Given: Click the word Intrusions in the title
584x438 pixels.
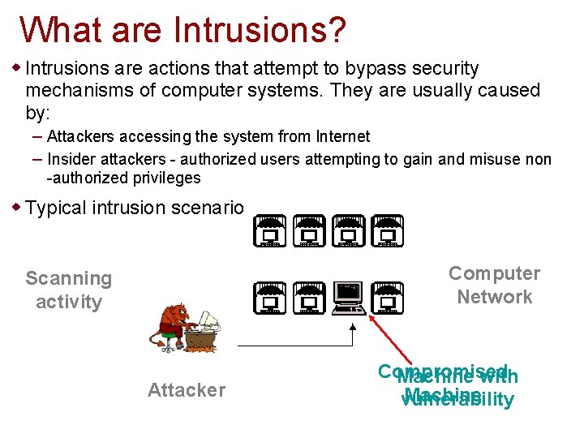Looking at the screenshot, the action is [260, 30].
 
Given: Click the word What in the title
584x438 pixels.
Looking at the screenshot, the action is [61, 30].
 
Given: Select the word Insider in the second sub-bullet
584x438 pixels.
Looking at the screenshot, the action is [73, 159].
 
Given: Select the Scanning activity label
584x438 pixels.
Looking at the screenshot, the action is [69, 290].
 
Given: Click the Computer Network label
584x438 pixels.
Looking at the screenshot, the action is [494, 285].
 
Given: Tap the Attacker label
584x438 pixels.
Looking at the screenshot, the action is [186, 390].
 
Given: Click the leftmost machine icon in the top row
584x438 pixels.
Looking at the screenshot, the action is [269, 231].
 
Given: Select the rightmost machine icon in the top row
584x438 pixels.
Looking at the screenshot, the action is [388, 231].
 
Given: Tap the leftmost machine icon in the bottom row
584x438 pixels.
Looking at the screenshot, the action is [269, 298].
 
